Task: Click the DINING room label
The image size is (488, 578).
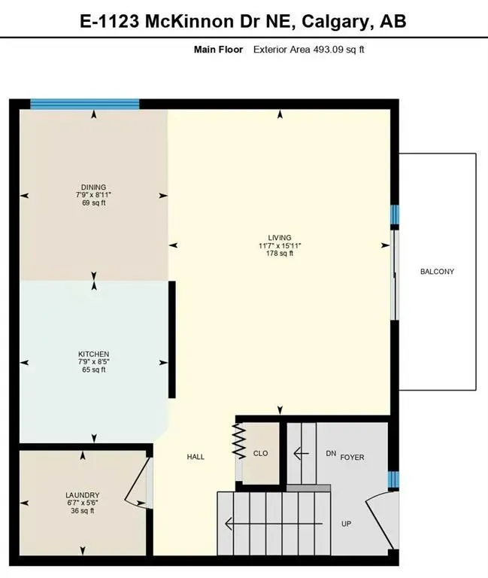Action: coord(94,187)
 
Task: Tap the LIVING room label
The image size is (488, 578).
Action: coord(280,238)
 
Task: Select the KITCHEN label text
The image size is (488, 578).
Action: coord(94,354)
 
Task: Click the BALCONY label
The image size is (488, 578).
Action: coord(437,272)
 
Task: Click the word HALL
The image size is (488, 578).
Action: coord(196,457)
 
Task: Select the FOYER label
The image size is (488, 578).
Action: coord(352,457)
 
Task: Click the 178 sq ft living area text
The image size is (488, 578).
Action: coord(280,254)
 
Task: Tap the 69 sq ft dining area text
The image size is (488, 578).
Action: coord(94,203)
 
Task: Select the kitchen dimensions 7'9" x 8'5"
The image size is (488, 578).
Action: coord(94,362)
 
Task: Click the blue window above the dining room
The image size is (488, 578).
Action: coord(84,105)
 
